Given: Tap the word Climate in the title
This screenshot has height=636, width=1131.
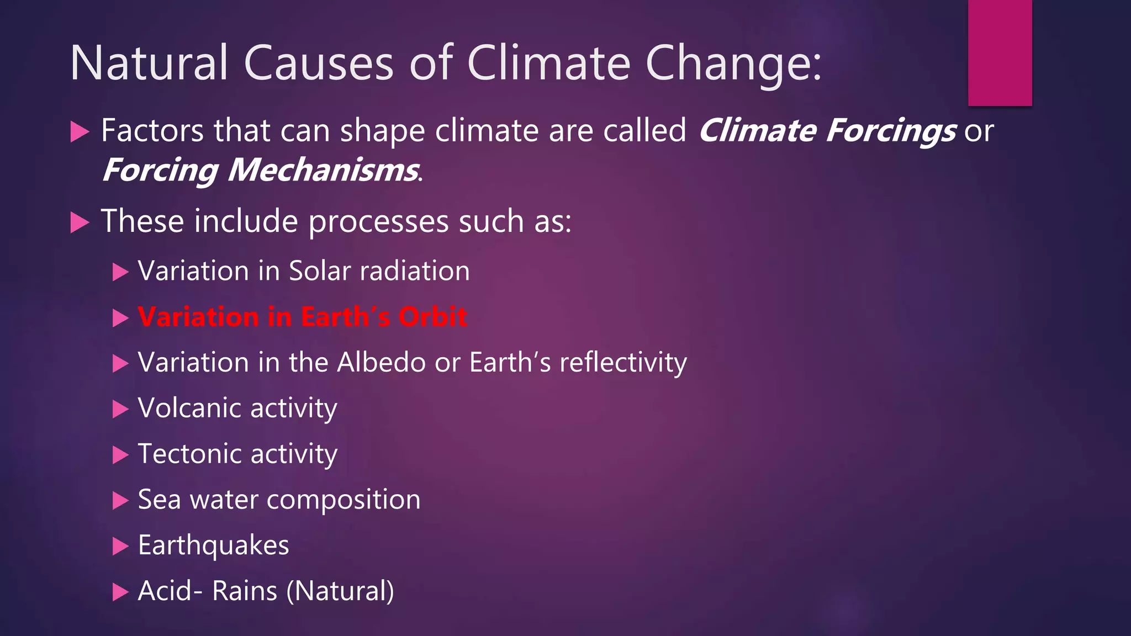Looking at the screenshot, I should (548, 63).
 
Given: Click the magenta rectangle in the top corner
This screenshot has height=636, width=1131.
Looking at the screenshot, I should (1000, 52).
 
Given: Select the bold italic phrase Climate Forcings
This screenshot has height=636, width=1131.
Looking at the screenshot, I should (827, 131).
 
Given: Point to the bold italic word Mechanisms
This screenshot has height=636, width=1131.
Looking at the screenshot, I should (323, 170).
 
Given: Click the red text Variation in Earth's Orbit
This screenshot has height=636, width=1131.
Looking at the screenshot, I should (302, 317).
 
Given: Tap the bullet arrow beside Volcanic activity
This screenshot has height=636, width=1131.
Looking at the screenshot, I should (120, 409).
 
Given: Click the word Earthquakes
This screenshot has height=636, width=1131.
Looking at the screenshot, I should (213, 545).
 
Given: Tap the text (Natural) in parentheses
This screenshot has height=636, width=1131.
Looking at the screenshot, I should (340, 591).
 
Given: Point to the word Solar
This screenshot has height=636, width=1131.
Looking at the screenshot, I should (320, 271).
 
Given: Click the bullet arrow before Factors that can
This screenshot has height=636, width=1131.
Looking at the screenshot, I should (80, 132).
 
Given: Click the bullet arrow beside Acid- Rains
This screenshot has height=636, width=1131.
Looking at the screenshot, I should (120, 592).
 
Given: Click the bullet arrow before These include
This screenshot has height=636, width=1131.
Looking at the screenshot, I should (80, 223).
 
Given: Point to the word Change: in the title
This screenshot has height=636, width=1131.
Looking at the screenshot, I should (733, 63).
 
